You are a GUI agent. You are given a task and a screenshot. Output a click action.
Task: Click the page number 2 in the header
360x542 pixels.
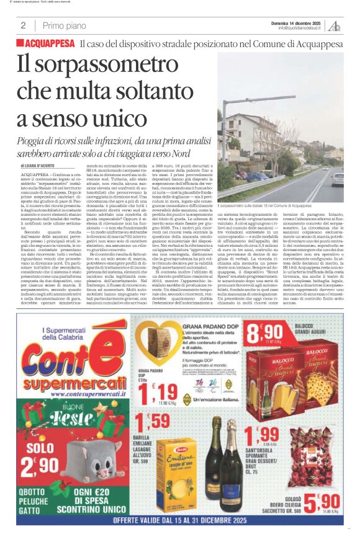(22, 25)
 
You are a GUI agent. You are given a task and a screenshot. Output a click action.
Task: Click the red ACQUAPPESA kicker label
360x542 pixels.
(47, 43)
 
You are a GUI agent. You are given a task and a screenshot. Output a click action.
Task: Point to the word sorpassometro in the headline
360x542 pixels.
(92, 65)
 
